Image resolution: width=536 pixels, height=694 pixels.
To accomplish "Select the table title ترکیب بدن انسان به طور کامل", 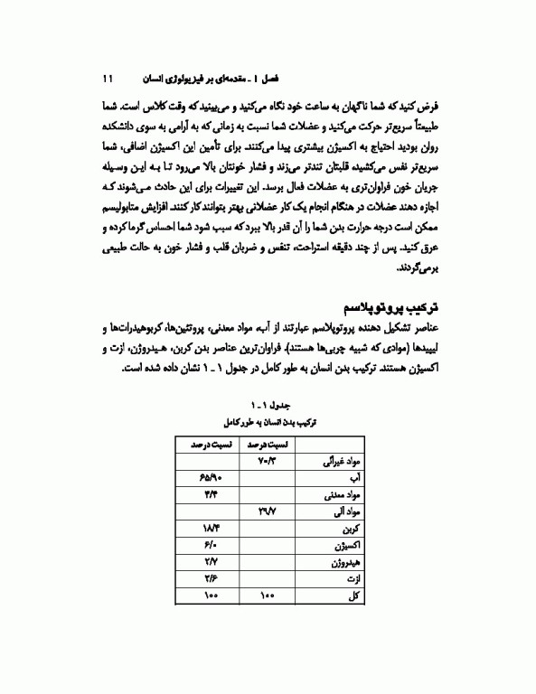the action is [x=268, y=422].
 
